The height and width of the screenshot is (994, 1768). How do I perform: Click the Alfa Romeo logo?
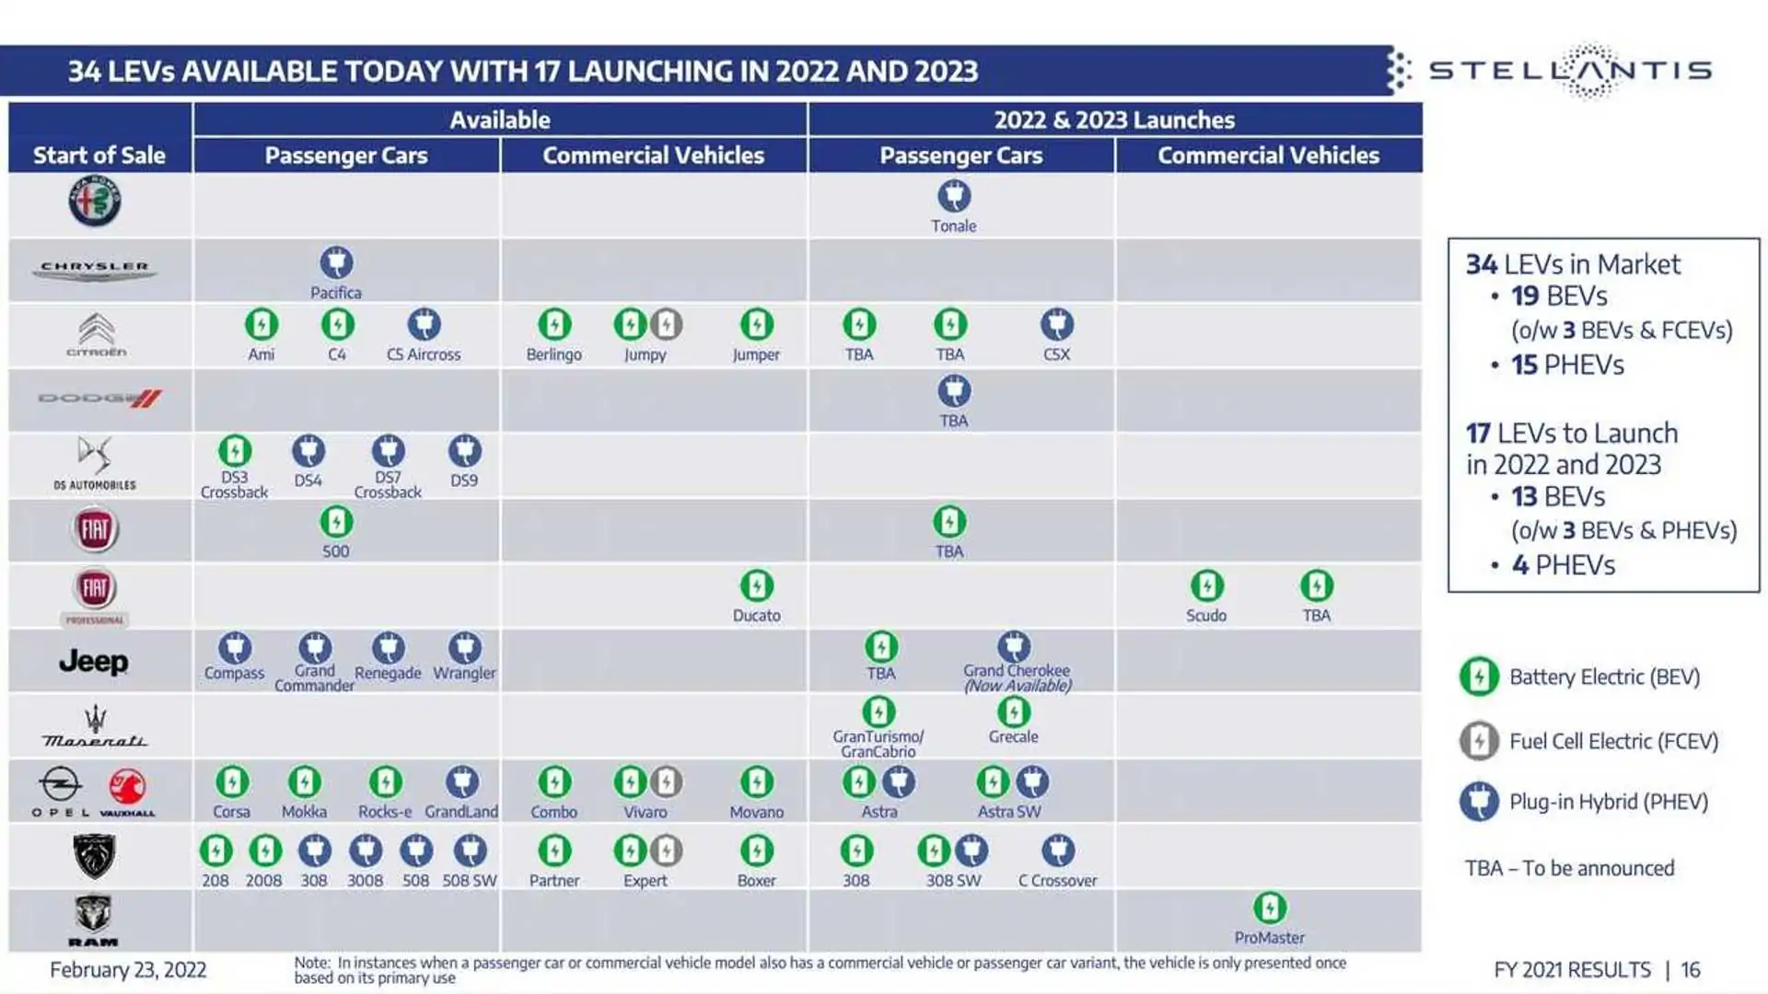click(95, 202)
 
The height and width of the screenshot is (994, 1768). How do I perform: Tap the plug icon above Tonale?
click(954, 196)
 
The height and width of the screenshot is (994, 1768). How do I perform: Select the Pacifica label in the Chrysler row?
click(336, 293)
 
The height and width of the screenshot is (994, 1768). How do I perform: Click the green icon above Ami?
click(262, 324)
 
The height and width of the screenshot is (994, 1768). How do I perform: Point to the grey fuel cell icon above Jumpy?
click(666, 324)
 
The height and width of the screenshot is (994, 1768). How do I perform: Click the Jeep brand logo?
click(93, 662)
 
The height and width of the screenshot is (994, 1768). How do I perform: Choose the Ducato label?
click(757, 616)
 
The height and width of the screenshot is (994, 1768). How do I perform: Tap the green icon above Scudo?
click(1206, 585)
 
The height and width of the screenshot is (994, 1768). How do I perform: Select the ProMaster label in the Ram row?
click(1269, 938)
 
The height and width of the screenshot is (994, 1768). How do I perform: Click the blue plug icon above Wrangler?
click(464, 647)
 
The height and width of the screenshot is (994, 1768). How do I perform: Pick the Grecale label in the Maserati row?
click(1013, 737)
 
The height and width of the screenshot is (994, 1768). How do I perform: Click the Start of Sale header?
click(99, 156)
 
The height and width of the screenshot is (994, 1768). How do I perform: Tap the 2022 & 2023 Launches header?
click(1114, 120)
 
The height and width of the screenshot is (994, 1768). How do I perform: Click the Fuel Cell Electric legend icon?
click(1479, 741)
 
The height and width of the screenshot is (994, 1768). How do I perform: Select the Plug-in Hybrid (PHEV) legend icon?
click(1479, 802)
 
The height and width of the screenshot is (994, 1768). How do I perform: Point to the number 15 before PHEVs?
click(1524, 365)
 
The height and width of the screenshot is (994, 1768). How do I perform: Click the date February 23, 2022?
click(128, 970)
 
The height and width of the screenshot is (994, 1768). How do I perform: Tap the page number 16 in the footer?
click(1691, 970)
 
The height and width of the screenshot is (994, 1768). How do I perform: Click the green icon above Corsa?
click(232, 782)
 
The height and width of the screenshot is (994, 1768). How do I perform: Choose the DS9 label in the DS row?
click(464, 480)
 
